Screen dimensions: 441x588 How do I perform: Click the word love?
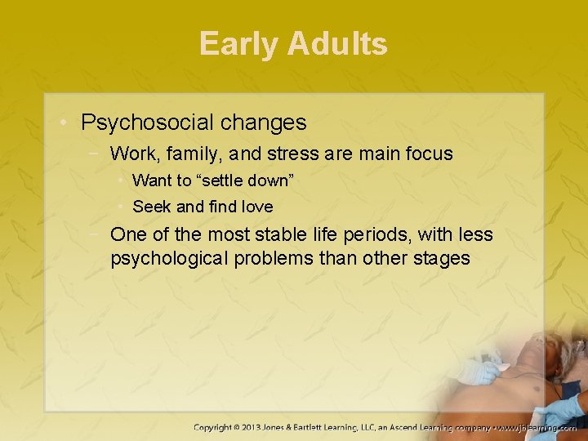256,207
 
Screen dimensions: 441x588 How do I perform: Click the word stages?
441,259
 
